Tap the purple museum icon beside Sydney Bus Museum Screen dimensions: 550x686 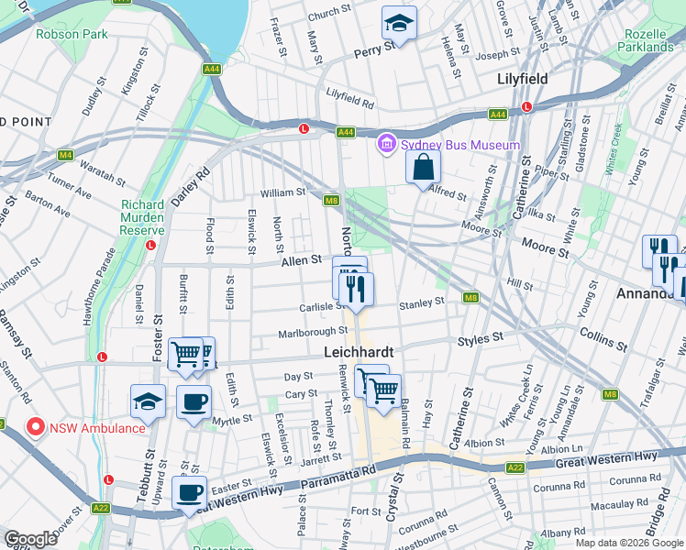click(385, 144)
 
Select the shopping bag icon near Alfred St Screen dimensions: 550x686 click(424, 167)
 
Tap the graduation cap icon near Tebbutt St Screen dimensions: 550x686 click(148, 401)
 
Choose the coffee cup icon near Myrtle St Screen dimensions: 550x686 click(193, 401)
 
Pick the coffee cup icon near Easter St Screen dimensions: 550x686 click(189, 492)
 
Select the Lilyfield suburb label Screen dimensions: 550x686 click(522, 79)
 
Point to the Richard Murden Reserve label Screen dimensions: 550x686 click(142, 217)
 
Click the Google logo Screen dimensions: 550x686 click(30, 539)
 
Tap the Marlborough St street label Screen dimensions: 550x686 click(313, 332)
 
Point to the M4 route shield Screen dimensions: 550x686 click(64, 155)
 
